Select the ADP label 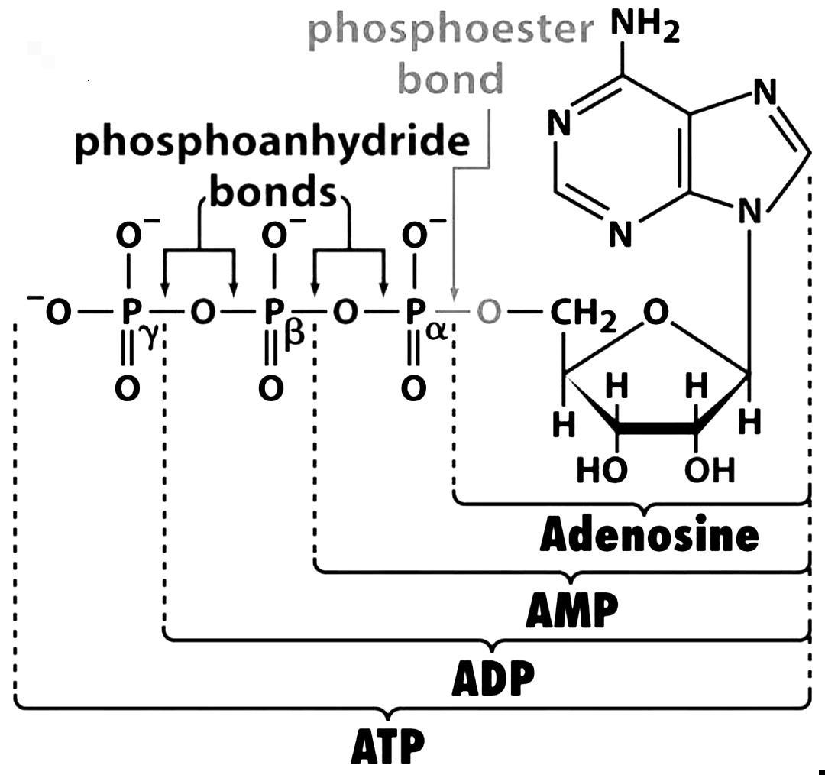tap(493, 677)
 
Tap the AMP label tap(571, 610)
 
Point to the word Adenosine tap(649, 536)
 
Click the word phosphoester tap(451, 31)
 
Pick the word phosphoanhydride tap(271, 143)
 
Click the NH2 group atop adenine tap(644, 28)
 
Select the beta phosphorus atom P tap(273, 313)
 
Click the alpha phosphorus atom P tap(413, 313)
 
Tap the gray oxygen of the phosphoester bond tap(489, 313)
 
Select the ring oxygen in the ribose tap(655, 313)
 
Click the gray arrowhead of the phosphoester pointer tap(455, 296)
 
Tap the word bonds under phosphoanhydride tap(273, 193)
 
